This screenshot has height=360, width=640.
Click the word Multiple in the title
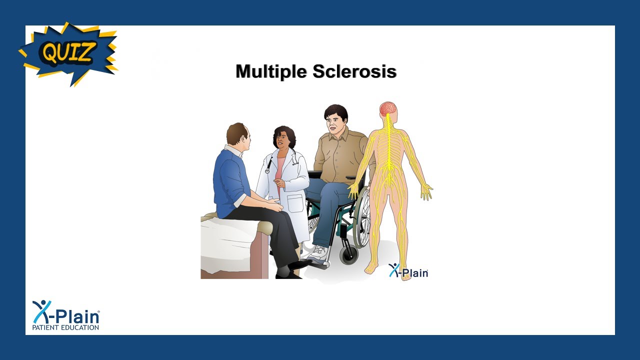point(271,71)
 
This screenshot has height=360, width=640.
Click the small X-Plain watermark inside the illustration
point(408,271)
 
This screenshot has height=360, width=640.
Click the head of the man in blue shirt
point(238,135)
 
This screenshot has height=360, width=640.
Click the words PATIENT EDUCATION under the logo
point(65,327)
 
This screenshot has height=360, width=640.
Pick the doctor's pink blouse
point(280,170)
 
